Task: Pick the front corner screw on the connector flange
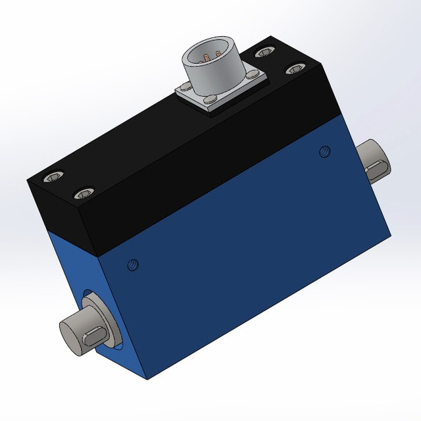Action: click(209, 101)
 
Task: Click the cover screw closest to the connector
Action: click(265, 51)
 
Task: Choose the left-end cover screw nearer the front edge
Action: click(82, 194)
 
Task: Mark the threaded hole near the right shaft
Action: click(324, 152)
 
